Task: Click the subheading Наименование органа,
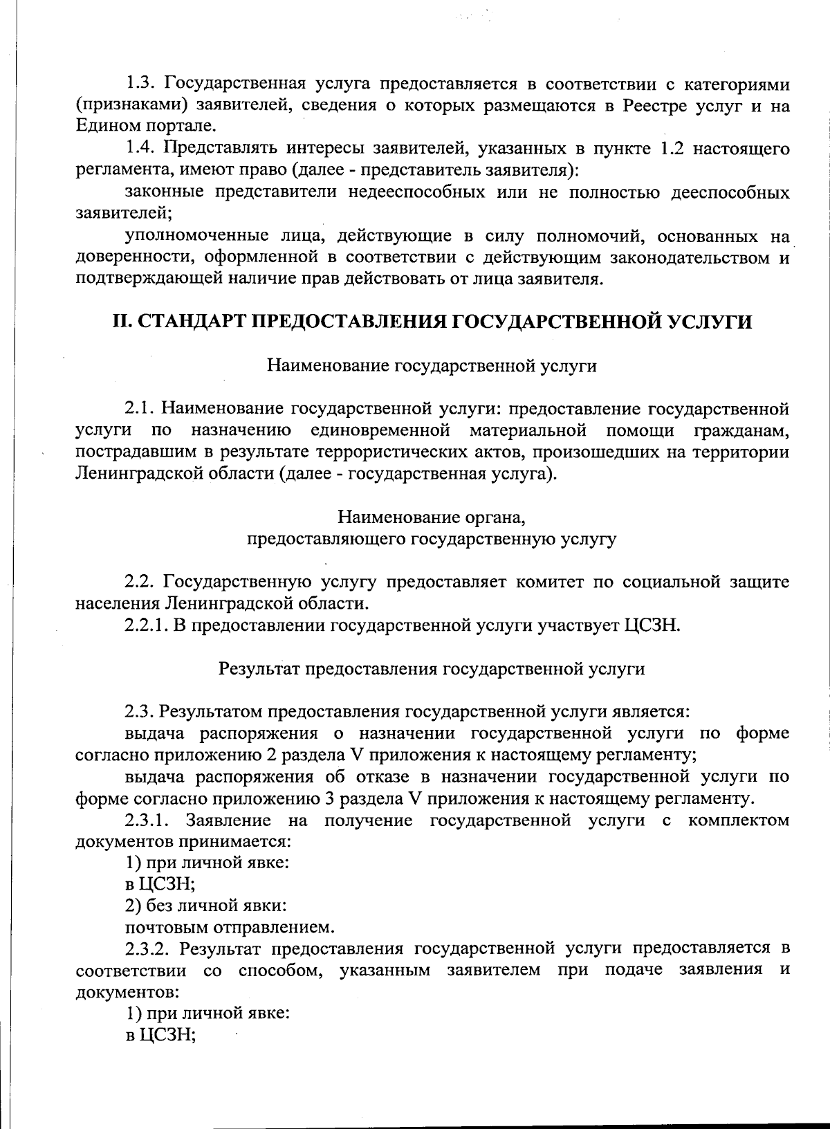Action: [x=432, y=517]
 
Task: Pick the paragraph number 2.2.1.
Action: [x=147, y=625]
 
